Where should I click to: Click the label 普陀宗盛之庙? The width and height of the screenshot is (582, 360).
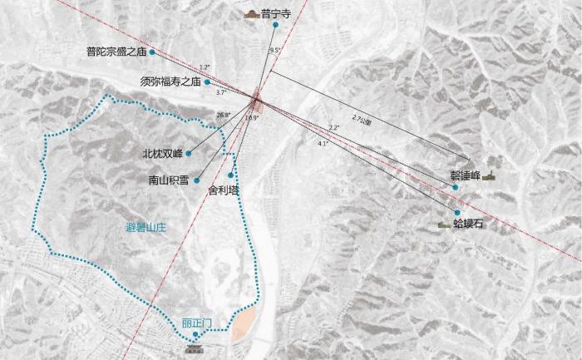point(116,52)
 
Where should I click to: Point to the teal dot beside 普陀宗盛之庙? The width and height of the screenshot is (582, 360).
point(152,52)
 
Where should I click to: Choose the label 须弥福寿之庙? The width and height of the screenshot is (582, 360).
point(170,81)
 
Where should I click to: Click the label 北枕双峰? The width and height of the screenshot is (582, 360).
point(162,154)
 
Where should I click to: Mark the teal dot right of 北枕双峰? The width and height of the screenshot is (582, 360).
point(190,154)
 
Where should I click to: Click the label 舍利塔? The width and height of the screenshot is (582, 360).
point(223,190)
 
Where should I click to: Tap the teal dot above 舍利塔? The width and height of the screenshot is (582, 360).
point(229,175)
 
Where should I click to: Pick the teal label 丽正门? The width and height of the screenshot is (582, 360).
point(196,322)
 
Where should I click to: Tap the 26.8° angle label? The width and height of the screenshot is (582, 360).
point(222,114)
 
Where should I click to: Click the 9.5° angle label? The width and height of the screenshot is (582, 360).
point(275,51)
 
